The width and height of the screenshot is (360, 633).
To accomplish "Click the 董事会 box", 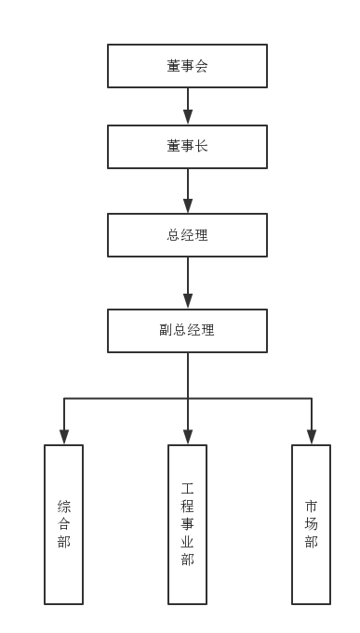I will [x=187, y=66].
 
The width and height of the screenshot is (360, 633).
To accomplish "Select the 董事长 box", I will [x=187, y=147].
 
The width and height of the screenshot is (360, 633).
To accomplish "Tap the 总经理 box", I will [x=187, y=235].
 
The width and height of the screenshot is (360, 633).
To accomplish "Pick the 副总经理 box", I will [x=187, y=330].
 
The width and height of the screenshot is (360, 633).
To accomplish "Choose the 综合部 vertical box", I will [x=63, y=524].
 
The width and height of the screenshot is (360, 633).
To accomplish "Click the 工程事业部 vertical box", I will [x=187, y=524].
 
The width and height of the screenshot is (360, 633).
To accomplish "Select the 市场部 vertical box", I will [x=311, y=524].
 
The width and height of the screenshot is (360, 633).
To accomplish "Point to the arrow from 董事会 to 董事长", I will [x=187, y=106].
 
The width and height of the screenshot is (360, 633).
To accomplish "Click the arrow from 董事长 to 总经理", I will [x=187, y=191].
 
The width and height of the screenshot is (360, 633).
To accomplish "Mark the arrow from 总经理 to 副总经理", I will [x=187, y=283].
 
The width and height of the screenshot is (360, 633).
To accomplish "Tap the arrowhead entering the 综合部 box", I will [x=63, y=436].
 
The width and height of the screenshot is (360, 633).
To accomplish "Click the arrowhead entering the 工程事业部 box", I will [x=187, y=436].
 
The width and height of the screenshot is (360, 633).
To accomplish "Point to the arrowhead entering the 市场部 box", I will [x=311, y=436].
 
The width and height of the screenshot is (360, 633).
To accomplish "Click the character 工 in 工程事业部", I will [x=187, y=488].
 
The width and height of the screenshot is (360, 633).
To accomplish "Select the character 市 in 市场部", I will [x=311, y=507].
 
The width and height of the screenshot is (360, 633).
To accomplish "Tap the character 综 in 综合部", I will [x=63, y=507].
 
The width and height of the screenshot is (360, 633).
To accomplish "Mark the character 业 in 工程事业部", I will [x=187, y=542].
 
